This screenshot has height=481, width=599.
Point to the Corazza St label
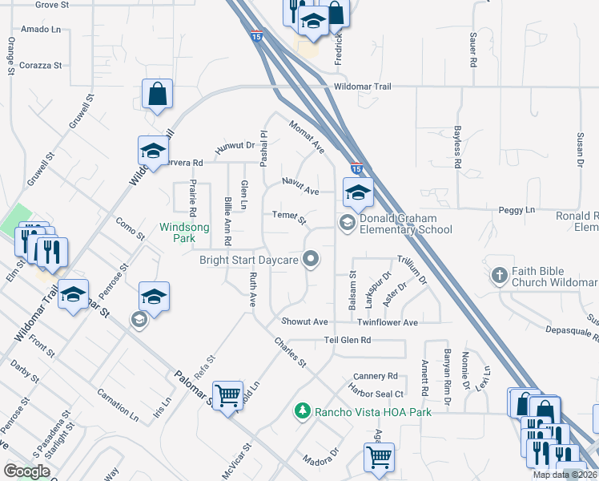pos(41,65)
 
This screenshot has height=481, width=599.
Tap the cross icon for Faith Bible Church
pos(500,276)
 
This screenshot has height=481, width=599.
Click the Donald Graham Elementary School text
pos(406,224)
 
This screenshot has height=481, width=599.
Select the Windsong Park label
pos(184,232)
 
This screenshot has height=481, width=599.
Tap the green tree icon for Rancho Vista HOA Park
pos(303,411)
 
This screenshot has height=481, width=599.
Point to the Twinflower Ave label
pos(388,322)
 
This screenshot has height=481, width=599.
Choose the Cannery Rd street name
pos(376,376)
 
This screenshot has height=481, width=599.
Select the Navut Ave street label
pos(300,186)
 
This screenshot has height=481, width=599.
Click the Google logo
pos(26,471)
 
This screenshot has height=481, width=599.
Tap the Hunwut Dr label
pos(234,146)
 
